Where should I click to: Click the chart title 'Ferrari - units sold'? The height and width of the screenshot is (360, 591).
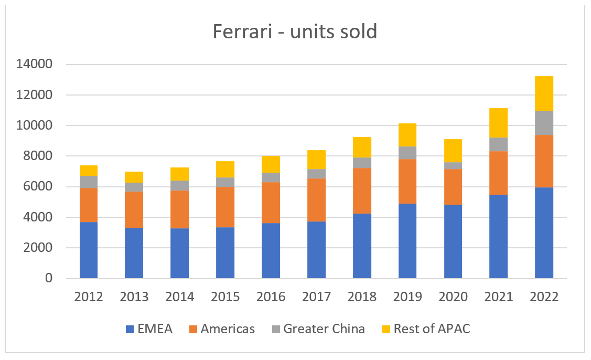295,31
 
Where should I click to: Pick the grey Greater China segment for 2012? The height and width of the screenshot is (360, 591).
89,182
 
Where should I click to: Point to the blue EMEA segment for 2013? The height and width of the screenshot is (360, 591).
134,252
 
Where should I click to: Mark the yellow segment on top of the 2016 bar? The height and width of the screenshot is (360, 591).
271,164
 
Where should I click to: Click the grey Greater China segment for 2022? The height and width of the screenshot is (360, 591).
544,123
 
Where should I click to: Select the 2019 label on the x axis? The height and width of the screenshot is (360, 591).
407,297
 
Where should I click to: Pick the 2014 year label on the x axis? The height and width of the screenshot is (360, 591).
179,297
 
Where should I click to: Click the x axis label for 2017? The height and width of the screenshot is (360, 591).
316,297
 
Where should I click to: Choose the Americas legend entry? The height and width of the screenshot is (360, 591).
220,329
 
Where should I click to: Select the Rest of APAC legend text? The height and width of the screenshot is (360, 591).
432,329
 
